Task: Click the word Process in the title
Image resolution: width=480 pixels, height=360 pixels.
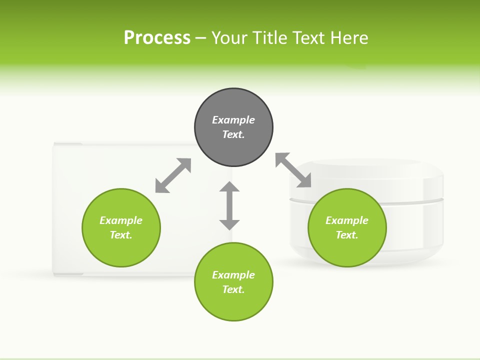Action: (157, 38)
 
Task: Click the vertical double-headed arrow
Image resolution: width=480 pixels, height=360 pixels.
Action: (229, 205)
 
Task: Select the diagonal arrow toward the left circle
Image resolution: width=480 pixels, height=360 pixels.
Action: (173, 175)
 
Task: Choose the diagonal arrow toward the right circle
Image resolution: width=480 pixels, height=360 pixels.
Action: (293, 170)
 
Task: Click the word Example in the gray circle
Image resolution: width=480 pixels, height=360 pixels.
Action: (233, 120)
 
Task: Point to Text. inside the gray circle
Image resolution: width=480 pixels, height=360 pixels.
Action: (233, 134)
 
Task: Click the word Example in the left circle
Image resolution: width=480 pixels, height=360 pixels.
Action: (121, 220)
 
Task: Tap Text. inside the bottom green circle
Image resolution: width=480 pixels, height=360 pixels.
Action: (233, 289)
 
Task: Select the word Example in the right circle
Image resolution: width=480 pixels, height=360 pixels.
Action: (347, 220)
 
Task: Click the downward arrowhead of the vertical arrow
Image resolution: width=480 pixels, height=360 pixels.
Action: (229, 224)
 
